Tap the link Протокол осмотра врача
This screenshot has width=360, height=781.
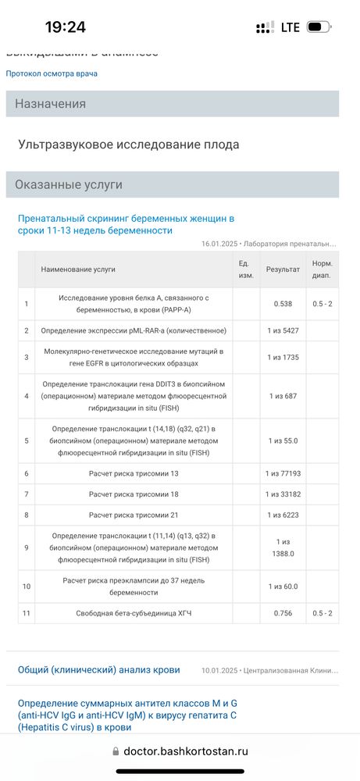(52, 73)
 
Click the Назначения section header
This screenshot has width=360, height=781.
(50, 104)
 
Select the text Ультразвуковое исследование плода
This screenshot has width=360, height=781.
(129, 144)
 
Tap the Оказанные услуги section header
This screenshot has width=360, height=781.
(69, 185)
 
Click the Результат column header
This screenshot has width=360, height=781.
(283, 269)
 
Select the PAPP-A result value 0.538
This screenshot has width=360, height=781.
(283, 303)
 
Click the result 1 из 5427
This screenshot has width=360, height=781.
(283, 330)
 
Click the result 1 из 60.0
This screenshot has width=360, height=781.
(283, 586)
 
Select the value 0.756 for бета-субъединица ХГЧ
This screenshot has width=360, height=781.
(283, 613)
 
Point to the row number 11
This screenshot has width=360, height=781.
(26, 613)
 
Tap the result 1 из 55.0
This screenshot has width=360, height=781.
(283, 440)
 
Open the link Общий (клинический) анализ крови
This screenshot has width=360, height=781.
(99, 669)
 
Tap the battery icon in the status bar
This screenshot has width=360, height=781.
(317, 27)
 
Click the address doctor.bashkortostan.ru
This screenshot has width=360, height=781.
(185, 751)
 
